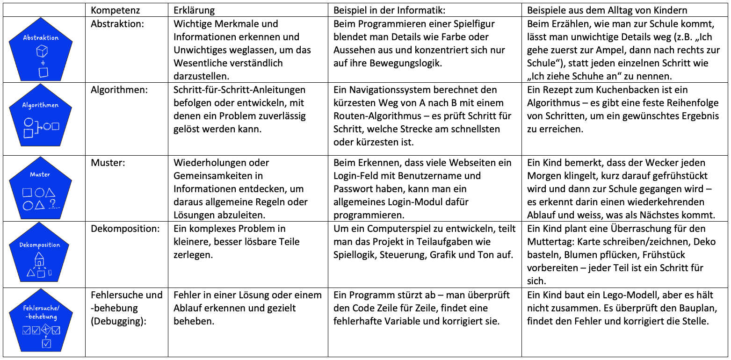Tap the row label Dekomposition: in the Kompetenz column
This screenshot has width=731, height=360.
tap(125, 229)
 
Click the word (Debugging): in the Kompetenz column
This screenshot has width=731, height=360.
tap(116, 321)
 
